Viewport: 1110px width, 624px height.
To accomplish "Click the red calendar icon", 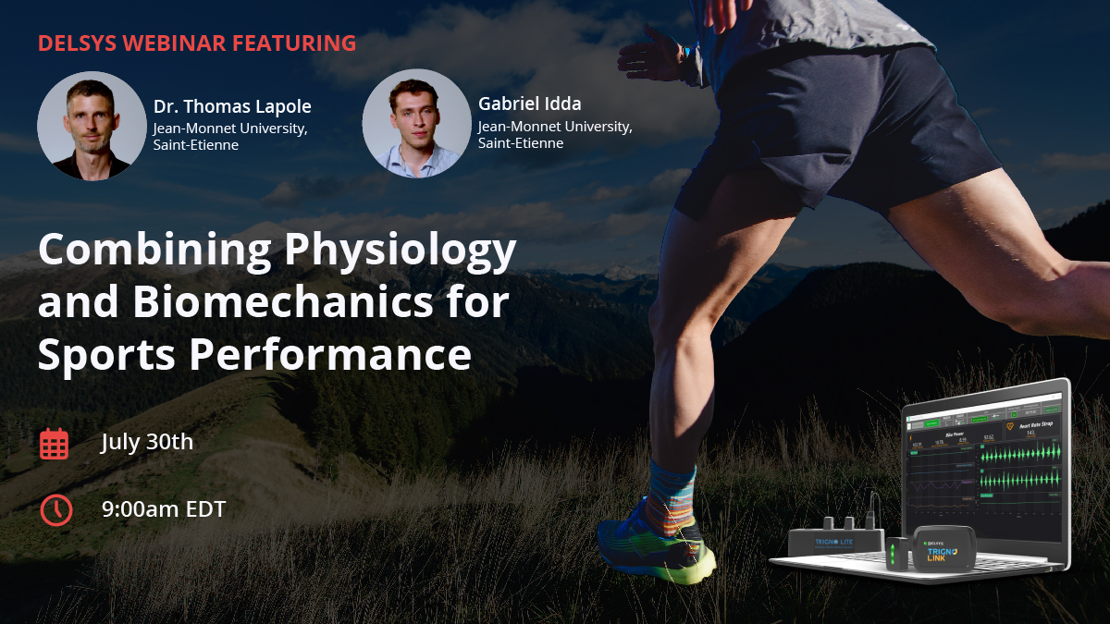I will pos(55,444).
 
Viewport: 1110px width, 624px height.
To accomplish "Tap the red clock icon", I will pos(55,509).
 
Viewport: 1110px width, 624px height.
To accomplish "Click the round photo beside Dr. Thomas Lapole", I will pos(92,126).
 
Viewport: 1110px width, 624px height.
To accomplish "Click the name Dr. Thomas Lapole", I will pos(232,106).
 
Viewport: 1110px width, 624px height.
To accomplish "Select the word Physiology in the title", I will pos(400,251).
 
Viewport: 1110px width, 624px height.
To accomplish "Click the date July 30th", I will pos(147,442).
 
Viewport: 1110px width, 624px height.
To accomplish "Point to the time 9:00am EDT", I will pos(164,508).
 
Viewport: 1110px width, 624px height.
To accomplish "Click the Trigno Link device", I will pos(943,551).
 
